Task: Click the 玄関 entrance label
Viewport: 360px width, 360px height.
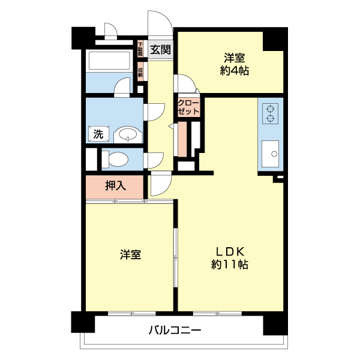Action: click(x=160, y=50)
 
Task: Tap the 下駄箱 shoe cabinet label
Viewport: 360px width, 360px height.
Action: click(x=140, y=48)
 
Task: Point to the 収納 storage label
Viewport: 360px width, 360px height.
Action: click(x=140, y=71)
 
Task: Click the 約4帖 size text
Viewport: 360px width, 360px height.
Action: click(x=235, y=71)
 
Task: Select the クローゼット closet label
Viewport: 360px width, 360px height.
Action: click(x=188, y=107)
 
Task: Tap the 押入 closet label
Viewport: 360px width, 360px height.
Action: click(x=115, y=186)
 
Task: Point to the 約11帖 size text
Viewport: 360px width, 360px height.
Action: click(x=230, y=264)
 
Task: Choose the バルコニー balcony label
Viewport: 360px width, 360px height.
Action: click(x=174, y=330)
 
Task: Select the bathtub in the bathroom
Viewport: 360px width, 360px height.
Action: click(x=109, y=61)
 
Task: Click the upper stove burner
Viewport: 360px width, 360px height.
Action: click(x=271, y=109)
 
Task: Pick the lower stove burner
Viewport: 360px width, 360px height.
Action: click(x=271, y=118)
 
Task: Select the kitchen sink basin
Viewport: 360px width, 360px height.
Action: click(x=272, y=154)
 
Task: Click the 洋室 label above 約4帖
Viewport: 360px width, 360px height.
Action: click(x=235, y=58)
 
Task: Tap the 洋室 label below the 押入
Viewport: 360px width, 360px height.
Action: click(x=130, y=254)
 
